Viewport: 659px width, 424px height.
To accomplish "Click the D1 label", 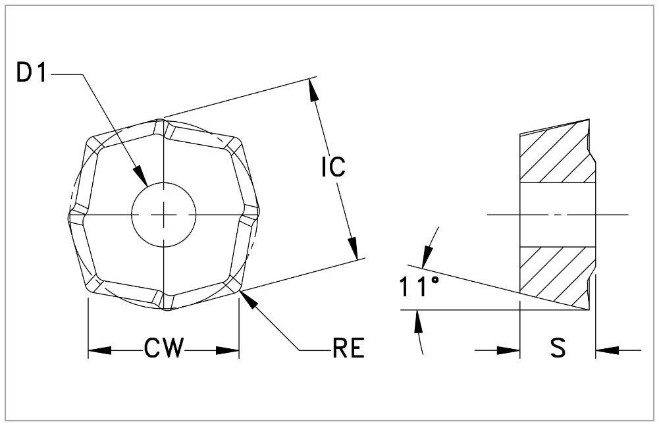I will pos(32,74).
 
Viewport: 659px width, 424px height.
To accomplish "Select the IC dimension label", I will pos(333,167).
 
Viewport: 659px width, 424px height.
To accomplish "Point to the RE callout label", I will pos(348,349).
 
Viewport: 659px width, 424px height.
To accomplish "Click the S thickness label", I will pos(558,350).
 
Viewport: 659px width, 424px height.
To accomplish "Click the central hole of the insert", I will pos(163,215).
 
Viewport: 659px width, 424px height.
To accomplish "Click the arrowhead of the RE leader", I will pos(248,299).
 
